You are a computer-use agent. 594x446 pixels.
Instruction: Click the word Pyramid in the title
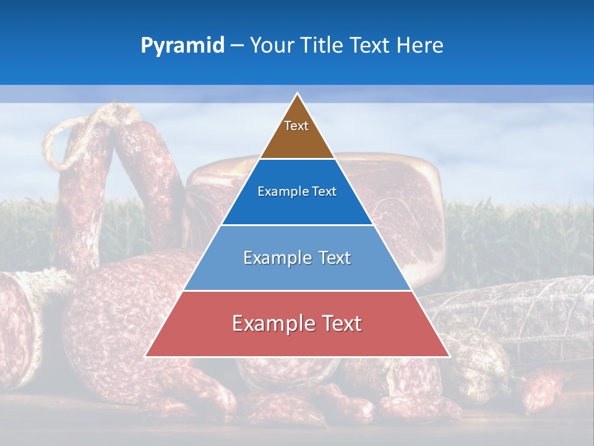(x=183, y=46)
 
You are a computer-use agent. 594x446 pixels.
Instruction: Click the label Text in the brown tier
(x=296, y=126)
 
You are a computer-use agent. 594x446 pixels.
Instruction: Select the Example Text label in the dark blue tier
(x=297, y=191)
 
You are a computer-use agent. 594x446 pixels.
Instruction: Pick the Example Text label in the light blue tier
(x=297, y=258)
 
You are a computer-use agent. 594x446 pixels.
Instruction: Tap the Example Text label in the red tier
(x=297, y=323)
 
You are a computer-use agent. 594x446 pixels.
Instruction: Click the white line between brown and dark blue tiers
(x=297, y=159)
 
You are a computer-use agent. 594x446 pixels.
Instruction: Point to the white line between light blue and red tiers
(x=297, y=291)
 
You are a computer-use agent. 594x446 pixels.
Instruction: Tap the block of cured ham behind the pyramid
(x=402, y=204)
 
